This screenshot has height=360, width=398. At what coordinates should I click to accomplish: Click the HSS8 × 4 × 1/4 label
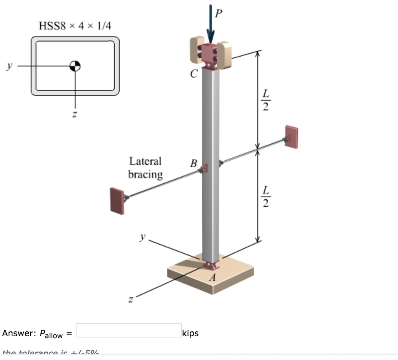click(75, 26)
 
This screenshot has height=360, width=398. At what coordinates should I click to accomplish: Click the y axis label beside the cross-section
click(9, 66)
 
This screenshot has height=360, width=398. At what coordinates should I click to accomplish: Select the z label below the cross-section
click(75, 115)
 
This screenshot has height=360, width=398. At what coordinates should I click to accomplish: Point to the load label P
click(219, 14)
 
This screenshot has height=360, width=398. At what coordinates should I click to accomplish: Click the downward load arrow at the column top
click(210, 23)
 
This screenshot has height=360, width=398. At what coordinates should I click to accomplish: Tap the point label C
click(194, 73)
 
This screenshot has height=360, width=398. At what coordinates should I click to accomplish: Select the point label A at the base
click(212, 278)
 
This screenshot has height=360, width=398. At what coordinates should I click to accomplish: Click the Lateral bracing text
click(145, 168)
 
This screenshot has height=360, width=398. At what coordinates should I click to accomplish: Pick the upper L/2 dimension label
click(265, 100)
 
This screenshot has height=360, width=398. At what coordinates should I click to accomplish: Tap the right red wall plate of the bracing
click(292, 136)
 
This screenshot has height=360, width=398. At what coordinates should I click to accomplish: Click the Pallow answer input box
click(129, 330)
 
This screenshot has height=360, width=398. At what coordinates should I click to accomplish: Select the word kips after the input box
click(190, 333)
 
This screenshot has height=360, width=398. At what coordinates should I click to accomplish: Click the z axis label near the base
click(131, 299)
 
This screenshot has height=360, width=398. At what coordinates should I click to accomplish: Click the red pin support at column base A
click(210, 266)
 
